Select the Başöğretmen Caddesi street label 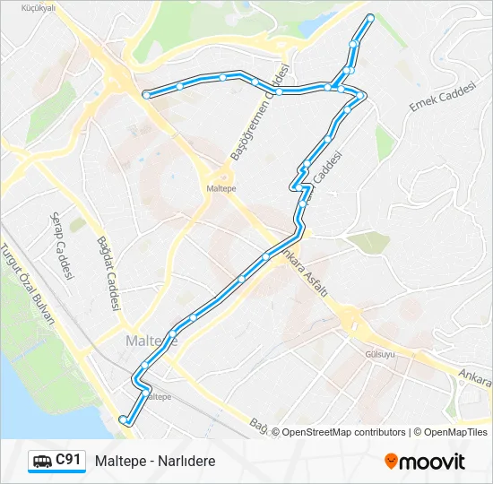point(260,113)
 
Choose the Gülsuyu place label point(380,354)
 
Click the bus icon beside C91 point(42,462)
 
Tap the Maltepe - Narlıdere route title point(155,462)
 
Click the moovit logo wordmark point(432,462)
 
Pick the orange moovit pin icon point(391,462)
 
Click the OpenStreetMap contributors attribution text point(342,432)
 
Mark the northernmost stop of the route point(370,17)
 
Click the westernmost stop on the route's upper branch point(145,93)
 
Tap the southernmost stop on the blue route point(124,419)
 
